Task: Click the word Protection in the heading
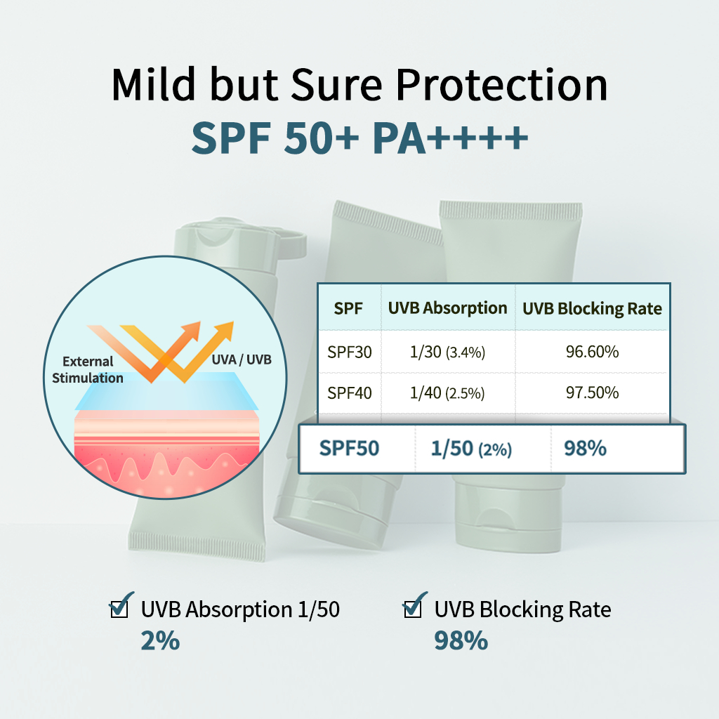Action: (x=501, y=85)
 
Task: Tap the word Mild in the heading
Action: (x=154, y=84)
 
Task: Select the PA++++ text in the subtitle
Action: (x=450, y=138)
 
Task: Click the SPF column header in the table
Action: (x=348, y=309)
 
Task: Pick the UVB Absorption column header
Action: (x=447, y=309)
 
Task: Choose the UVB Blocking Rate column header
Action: (x=592, y=309)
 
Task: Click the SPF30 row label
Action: (x=350, y=352)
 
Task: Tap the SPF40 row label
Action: (x=350, y=393)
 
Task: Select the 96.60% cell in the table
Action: (x=592, y=352)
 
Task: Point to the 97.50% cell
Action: (x=592, y=393)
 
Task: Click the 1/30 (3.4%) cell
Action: (x=447, y=352)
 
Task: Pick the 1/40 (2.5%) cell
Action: (x=447, y=393)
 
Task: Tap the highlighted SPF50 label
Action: (x=349, y=449)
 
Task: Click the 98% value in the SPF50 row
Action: (x=585, y=449)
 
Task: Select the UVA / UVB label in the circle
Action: (x=242, y=359)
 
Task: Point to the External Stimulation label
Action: (x=88, y=369)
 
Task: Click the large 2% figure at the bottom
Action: (x=160, y=640)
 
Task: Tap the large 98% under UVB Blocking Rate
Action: (x=461, y=640)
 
